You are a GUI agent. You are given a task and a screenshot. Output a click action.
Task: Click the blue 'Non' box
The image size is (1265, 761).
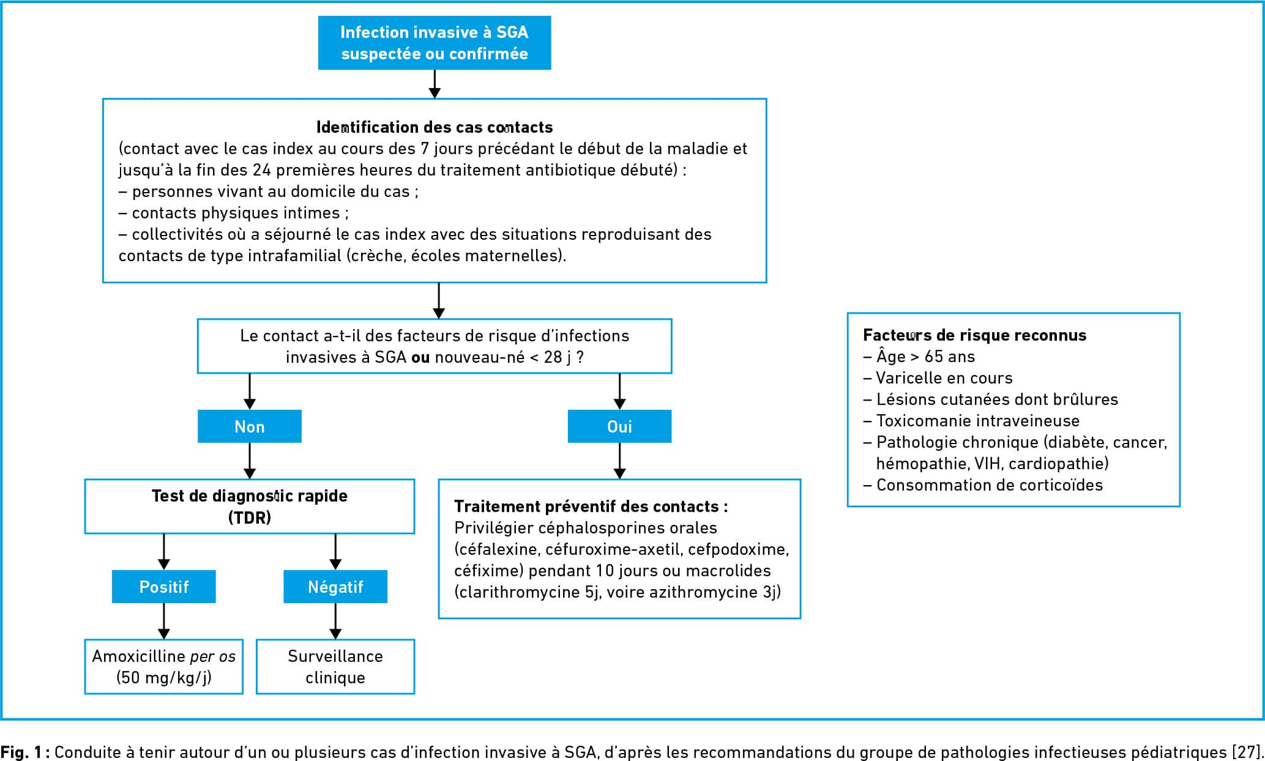click(x=249, y=426)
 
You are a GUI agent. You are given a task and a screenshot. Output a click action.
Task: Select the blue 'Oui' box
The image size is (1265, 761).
click(x=619, y=426)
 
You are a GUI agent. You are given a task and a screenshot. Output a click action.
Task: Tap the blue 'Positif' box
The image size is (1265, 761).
click(x=163, y=587)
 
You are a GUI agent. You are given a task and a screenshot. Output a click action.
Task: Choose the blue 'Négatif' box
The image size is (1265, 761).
click(x=335, y=587)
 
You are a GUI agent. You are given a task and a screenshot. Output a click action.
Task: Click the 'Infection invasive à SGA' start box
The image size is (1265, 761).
click(x=435, y=43)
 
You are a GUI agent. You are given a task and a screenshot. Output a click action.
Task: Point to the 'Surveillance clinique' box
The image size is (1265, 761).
click(x=335, y=667)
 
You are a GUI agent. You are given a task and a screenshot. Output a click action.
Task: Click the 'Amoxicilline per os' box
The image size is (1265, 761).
click(x=163, y=667)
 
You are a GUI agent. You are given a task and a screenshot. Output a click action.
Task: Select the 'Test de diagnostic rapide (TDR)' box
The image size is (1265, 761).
click(x=250, y=507)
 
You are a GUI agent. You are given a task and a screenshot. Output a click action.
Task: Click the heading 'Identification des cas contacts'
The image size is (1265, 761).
click(x=435, y=127)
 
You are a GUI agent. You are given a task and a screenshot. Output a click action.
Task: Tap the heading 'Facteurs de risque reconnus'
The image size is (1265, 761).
click(x=975, y=335)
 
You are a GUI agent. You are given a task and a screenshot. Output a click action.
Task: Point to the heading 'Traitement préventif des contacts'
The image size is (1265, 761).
click(x=591, y=507)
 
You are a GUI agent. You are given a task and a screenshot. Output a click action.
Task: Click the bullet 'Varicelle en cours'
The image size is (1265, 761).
click(x=938, y=378)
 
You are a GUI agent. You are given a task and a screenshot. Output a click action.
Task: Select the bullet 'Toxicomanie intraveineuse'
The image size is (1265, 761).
click(x=972, y=421)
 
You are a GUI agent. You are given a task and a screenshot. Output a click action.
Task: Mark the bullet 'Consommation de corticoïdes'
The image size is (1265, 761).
click(x=983, y=485)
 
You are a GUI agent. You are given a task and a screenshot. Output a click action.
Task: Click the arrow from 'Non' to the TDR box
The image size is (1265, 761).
click(x=250, y=461)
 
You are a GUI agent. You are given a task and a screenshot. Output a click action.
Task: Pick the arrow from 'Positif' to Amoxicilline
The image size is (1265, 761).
click(x=163, y=622)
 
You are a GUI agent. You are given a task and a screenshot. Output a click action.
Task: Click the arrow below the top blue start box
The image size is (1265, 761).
click(x=435, y=84)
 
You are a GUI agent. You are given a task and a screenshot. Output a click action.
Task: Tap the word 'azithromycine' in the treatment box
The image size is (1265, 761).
click(x=704, y=592)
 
